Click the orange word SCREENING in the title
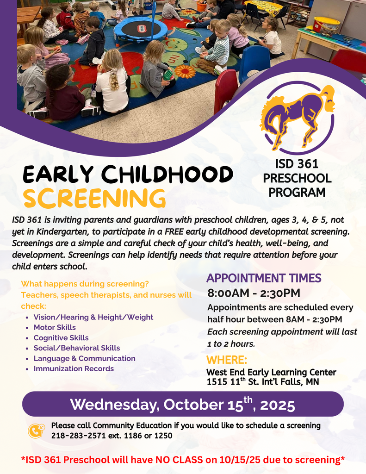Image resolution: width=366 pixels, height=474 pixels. (94, 198)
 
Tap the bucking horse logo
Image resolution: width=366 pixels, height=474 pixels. (298, 118)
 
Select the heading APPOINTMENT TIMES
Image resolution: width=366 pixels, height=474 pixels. (264, 278)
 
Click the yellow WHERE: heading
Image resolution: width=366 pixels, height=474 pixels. (227, 360)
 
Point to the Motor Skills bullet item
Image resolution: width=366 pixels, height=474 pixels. (55, 327)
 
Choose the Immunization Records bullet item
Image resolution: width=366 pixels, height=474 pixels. (74, 368)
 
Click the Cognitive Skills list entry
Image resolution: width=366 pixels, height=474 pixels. (61, 337)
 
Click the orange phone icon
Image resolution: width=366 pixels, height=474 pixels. (36, 431)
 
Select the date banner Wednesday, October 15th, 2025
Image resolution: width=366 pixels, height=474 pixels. (183, 404)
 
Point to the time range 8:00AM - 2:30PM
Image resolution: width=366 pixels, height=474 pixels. (254, 293)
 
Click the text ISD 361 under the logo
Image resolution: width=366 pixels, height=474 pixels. (297, 164)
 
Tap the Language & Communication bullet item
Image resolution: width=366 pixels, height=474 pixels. (84, 358)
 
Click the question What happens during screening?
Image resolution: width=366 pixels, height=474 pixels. (85, 284)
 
